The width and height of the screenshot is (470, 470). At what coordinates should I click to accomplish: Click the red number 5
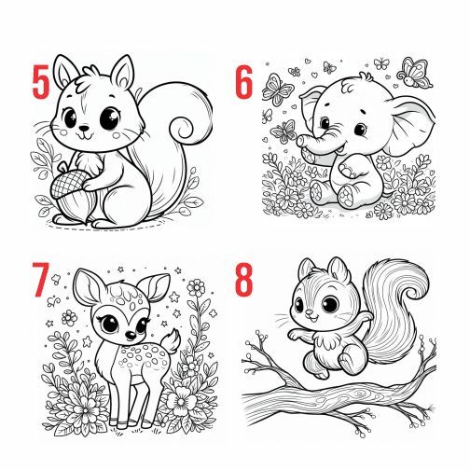click(41, 82)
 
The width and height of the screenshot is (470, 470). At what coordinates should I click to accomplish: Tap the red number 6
click(244, 82)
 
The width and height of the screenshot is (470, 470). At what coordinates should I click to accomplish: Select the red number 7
click(41, 280)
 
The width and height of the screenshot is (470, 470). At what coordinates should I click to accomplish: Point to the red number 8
click(244, 280)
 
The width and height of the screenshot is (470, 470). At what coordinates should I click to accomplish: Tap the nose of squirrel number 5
click(84, 128)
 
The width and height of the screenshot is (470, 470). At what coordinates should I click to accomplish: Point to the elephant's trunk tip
click(301, 141)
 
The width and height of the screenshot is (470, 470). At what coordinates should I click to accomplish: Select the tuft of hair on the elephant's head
click(366, 76)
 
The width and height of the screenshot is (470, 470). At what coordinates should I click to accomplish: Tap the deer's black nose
click(131, 335)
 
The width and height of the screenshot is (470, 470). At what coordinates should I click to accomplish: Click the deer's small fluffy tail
click(172, 341)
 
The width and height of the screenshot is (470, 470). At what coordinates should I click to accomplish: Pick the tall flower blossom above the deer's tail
click(196, 288)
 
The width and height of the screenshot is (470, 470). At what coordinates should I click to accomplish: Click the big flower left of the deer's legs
click(85, 405)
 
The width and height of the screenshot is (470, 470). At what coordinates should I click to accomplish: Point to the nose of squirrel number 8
click(309, 311)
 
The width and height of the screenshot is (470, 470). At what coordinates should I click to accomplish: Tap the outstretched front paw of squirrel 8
click(295, 335)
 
